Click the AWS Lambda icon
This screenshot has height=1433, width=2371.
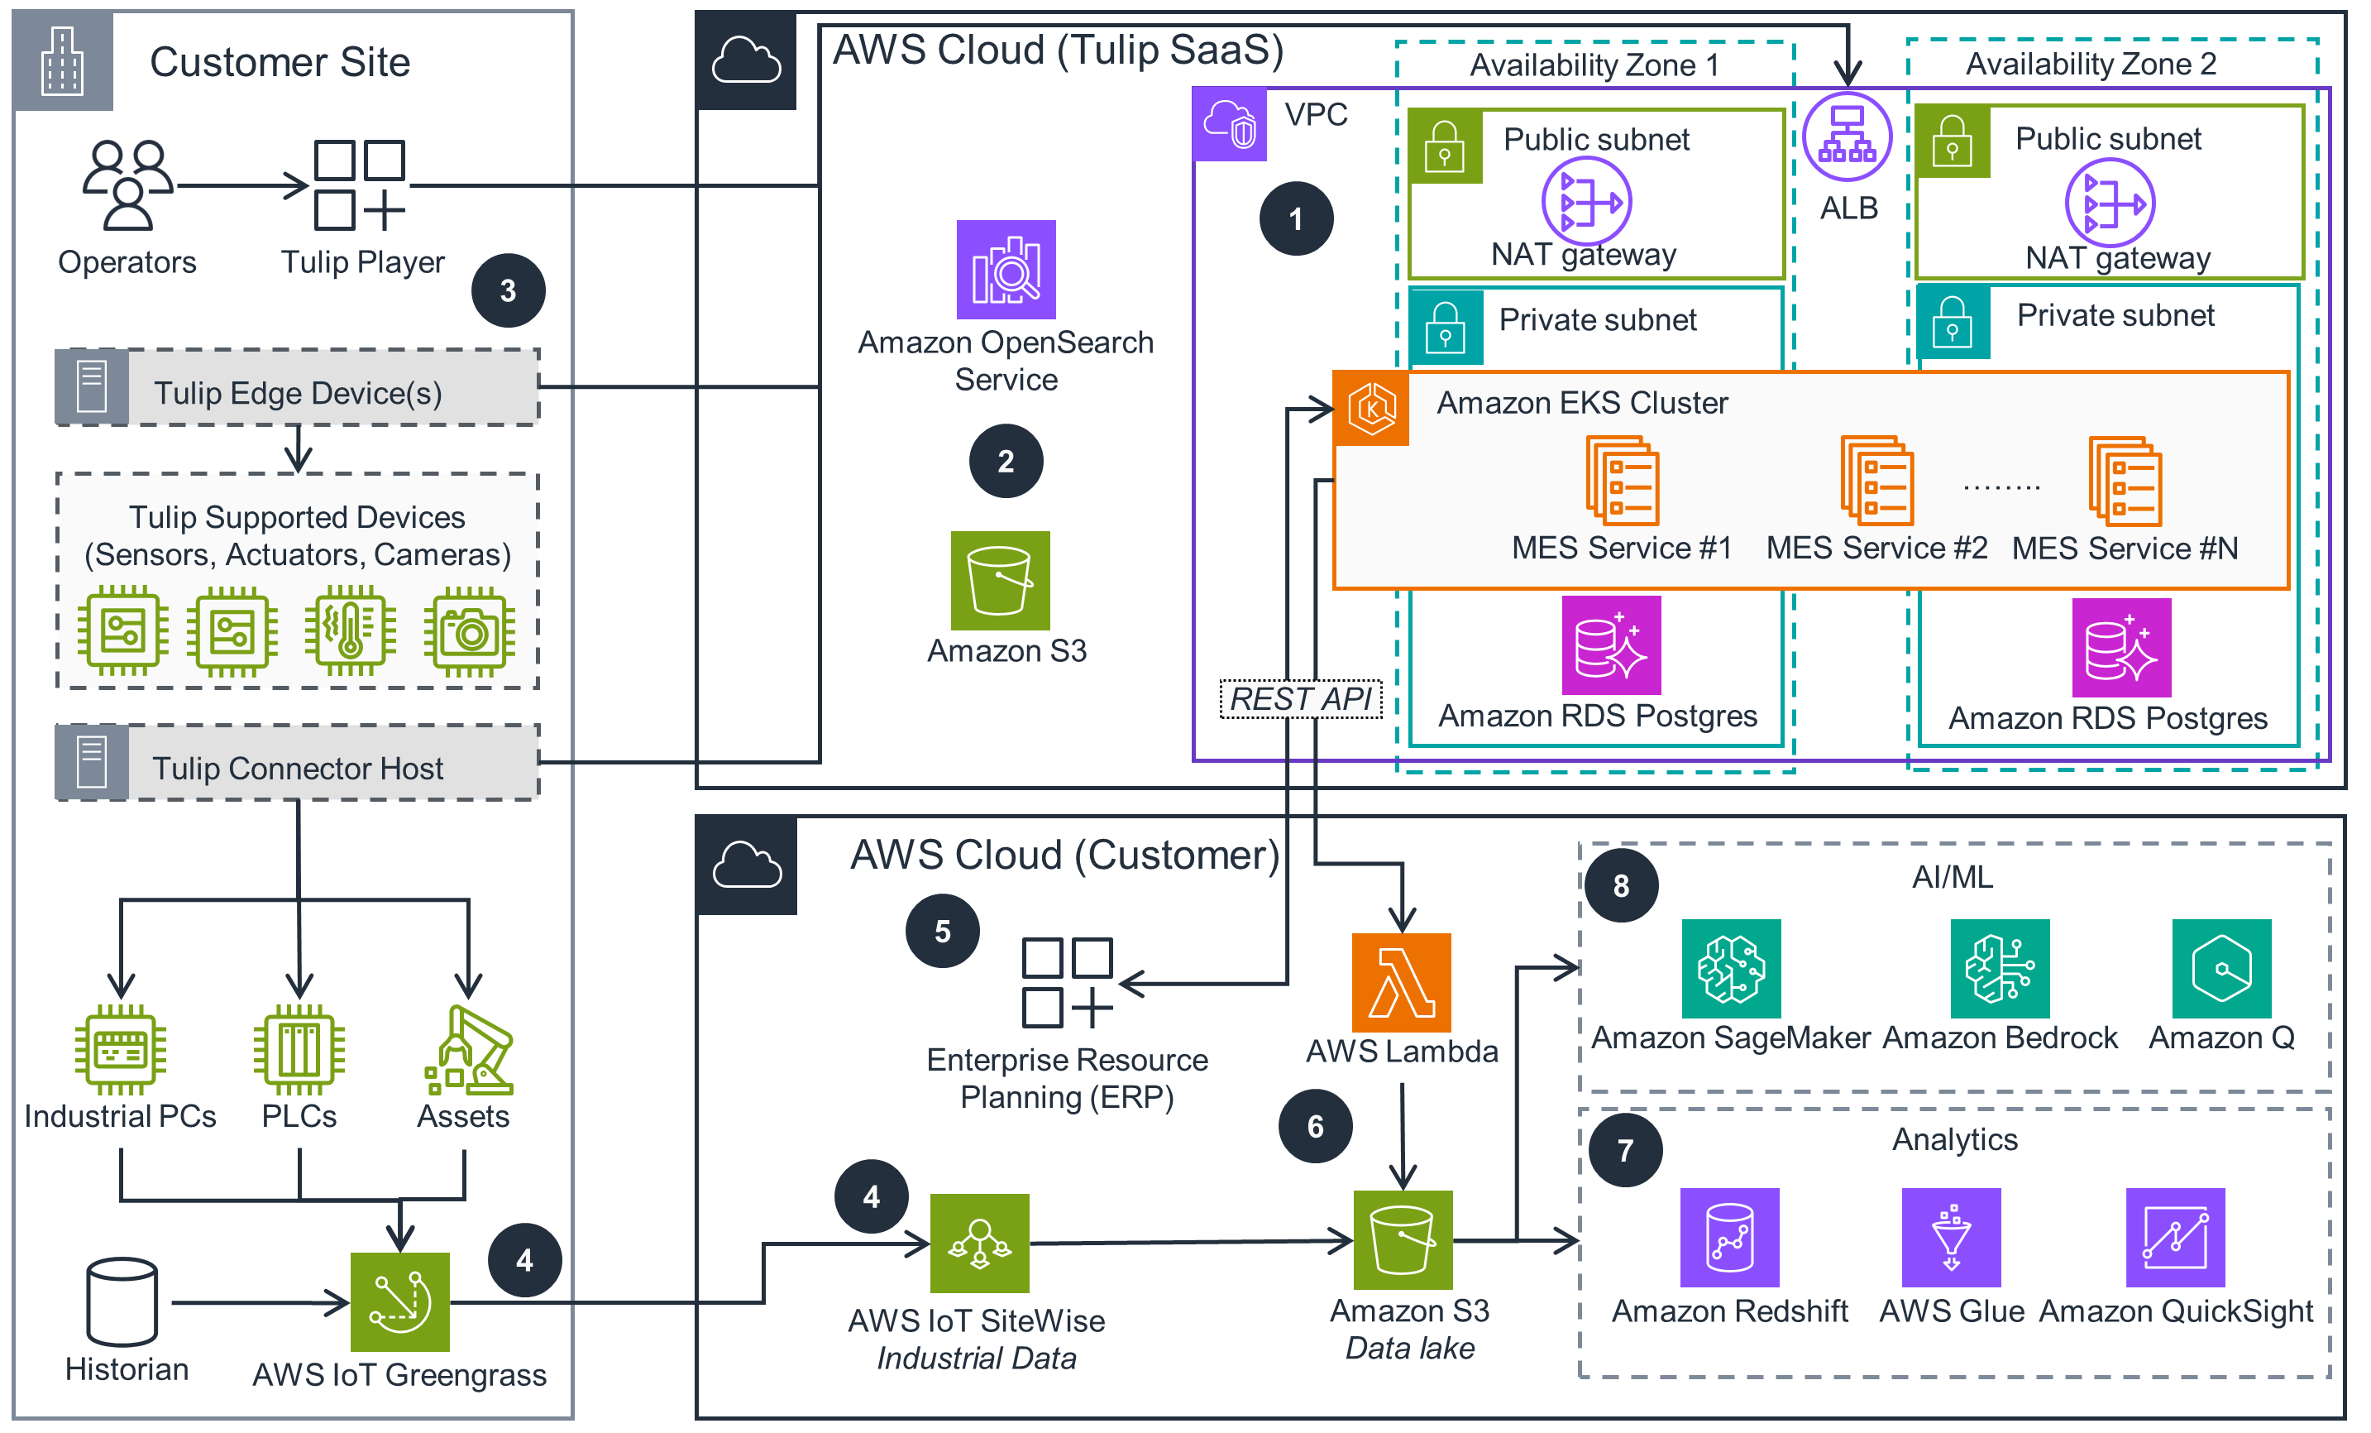point(1401,983)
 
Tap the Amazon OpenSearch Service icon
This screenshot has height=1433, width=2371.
point(1006,270)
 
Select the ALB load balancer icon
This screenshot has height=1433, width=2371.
point(1847,137)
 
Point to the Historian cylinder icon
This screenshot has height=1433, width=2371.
point(122,1301)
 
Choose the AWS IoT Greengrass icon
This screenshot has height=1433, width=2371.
point(399,1301)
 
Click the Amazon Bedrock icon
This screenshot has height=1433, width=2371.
point(2000,968)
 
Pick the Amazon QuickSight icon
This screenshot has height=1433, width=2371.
point(2175,1238)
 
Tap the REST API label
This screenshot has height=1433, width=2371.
point(1300,698)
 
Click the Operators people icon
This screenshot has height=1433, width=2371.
point(127,185)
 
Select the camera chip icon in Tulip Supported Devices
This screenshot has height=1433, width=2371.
point(470,632)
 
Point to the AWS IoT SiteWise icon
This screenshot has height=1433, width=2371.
point(979,1244)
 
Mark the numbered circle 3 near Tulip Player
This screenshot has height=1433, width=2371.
point(508,290)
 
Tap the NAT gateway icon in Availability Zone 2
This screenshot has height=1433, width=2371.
point(2110,203)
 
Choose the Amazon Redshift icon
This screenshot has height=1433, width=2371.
point(1729,1238)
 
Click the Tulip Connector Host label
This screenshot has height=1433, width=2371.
point(298,768)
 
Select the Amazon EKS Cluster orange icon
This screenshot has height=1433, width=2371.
point(1371,408)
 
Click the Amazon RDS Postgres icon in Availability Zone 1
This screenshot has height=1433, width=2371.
point(1611,645)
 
